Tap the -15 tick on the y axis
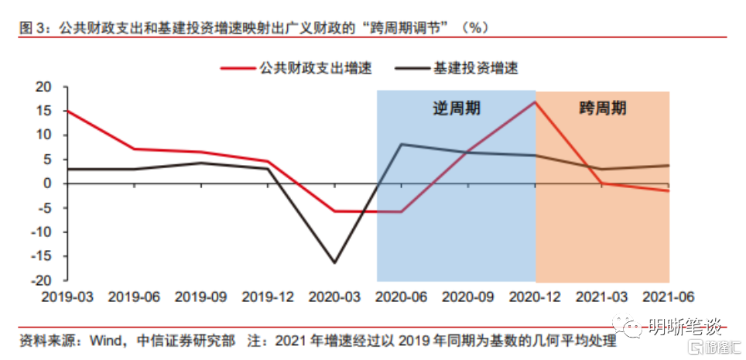47,256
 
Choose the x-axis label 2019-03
67,297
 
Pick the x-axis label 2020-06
401,297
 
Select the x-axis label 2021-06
669,297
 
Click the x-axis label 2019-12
268,297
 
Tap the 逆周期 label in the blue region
456,108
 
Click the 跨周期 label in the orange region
602,108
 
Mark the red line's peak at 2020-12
535,101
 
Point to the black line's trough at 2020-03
334,263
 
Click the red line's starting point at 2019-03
67,111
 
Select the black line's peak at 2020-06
401,144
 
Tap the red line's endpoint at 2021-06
669,190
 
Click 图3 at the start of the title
30,28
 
